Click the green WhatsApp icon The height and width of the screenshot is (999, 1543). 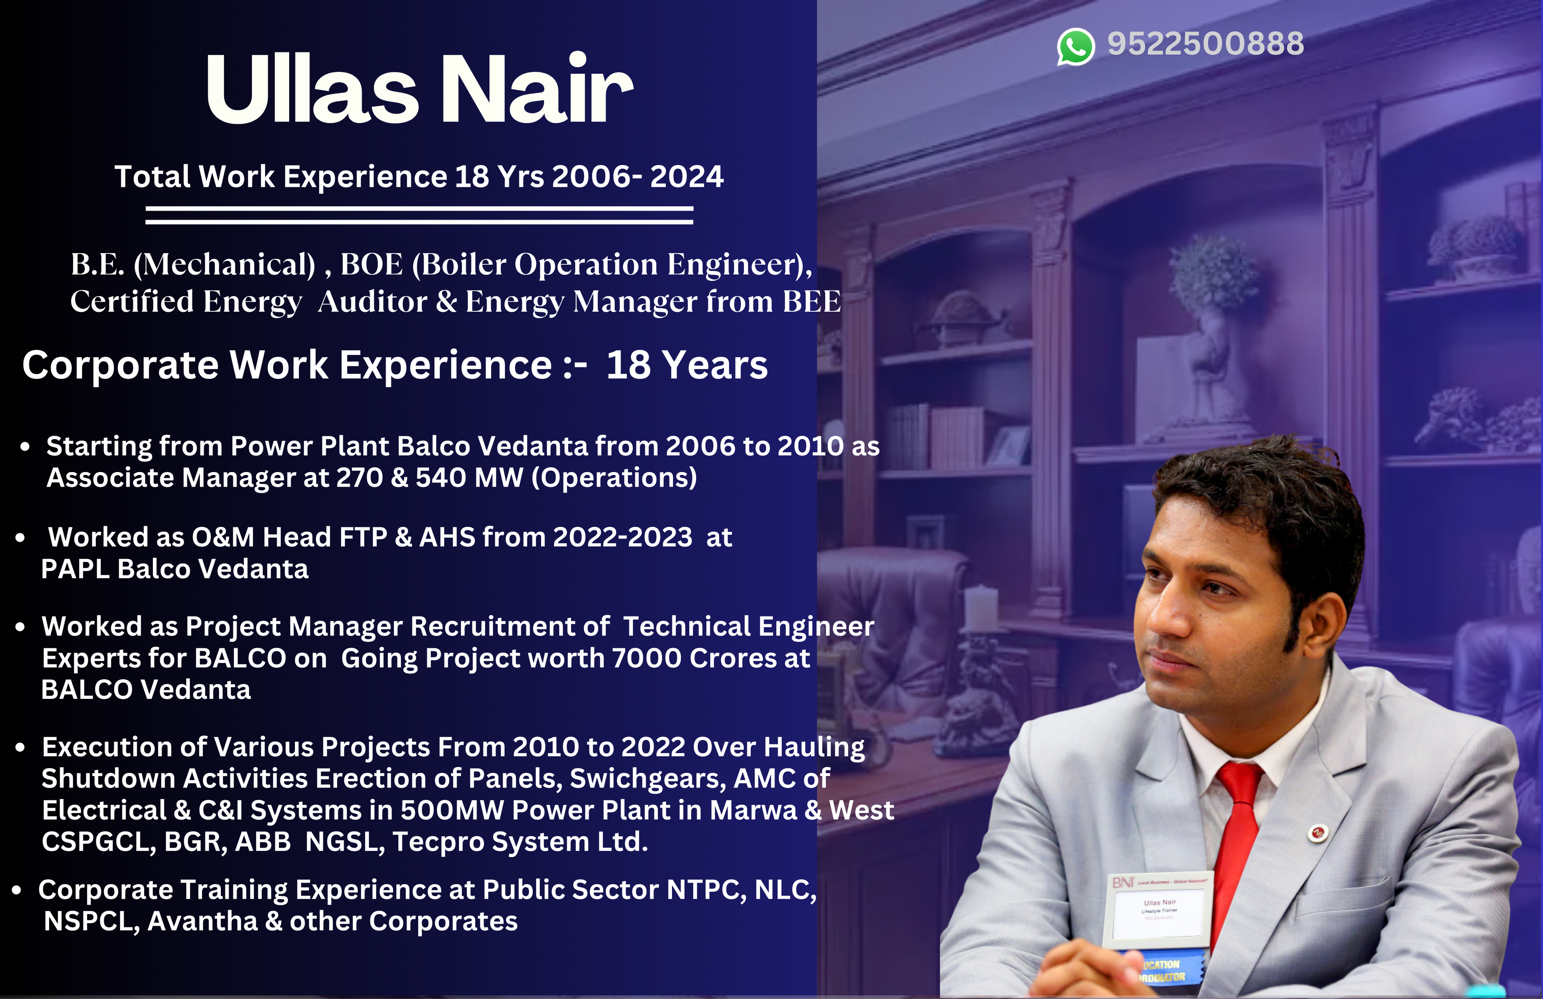point(1076,47)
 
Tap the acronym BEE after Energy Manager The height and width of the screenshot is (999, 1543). point(811,301)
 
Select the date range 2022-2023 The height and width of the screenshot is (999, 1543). point(622,537)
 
